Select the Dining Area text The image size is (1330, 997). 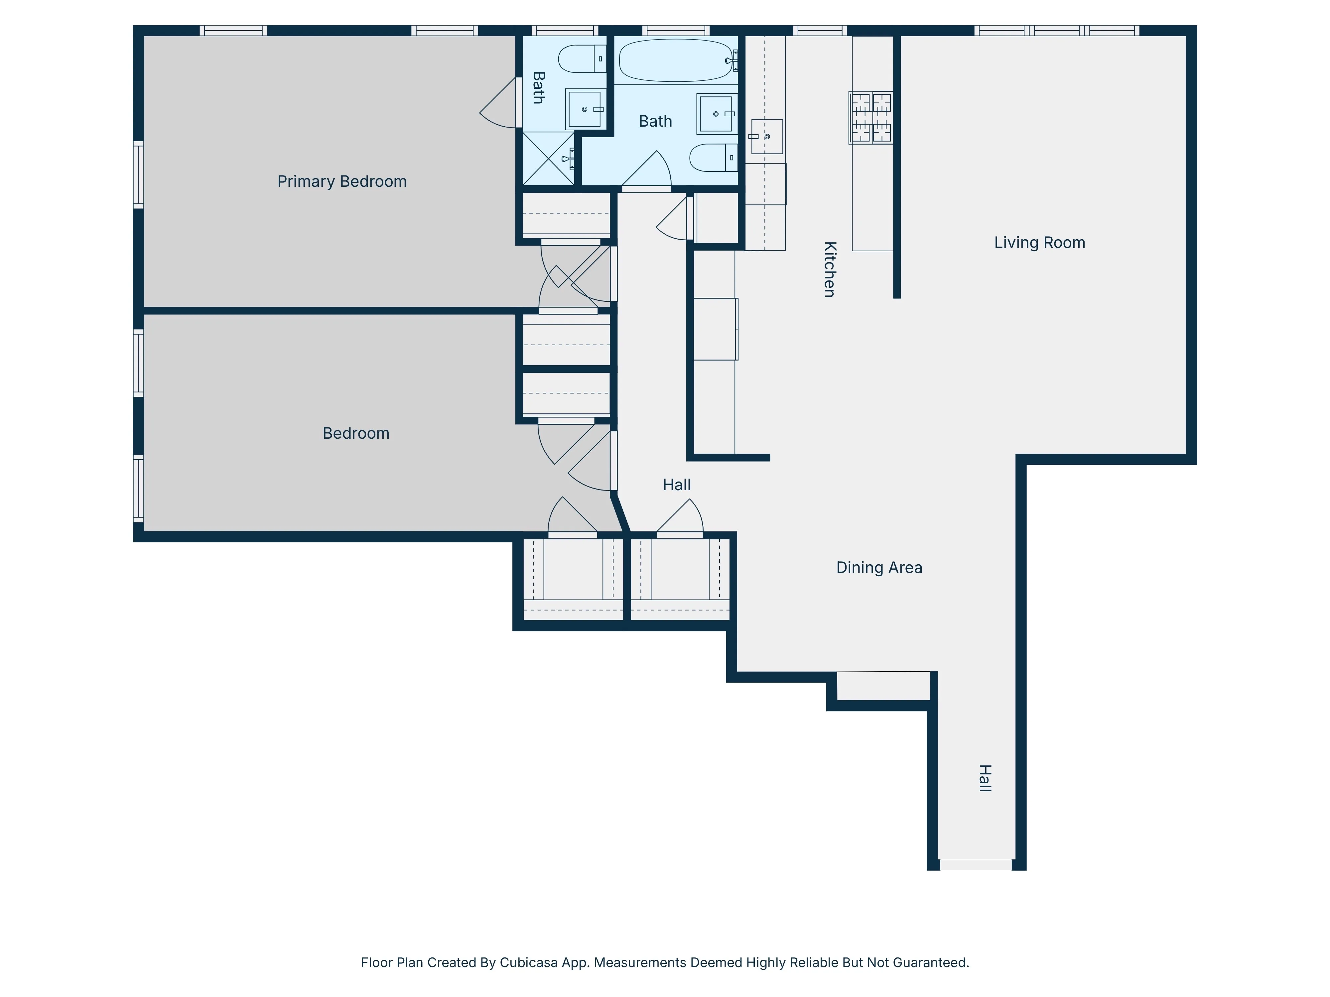click(878, 567)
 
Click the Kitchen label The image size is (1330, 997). click(829, 269)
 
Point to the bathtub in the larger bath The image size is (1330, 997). click(675, 60)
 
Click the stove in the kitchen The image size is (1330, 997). click(870, 118)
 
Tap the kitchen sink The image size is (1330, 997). click(767, 136)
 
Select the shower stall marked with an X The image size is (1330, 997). click(548, 158)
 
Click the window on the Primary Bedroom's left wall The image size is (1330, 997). click(138, 175)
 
